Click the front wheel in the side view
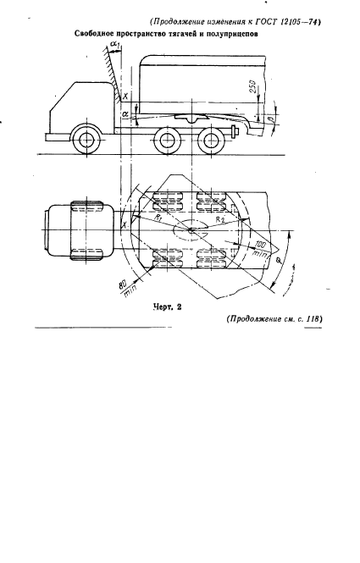coord(86,140)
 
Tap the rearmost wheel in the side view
coord(209,140)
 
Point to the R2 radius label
coord(220,219)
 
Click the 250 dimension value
coord(252,87)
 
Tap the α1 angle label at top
coord(115,45)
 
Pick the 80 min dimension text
coord(126,288)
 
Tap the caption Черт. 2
coord(167,307)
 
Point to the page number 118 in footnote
coord(313,318)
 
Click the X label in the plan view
coord(125,224)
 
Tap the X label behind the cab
coord(125,97)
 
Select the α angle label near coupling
coord(125,113)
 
